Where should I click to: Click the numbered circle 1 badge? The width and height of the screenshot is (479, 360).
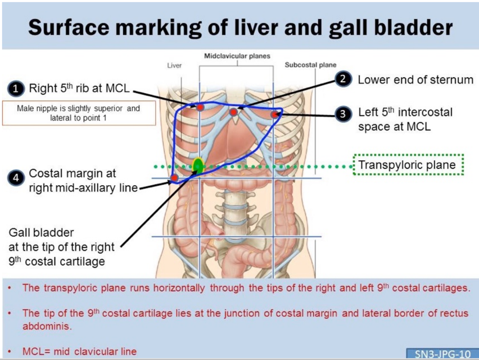[16, 89]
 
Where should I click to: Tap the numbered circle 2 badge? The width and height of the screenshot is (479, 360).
[343, 79]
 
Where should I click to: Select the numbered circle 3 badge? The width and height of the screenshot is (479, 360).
[343, 114]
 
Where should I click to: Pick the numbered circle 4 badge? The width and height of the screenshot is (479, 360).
[16, 177]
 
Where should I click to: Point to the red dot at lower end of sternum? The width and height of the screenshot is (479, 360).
[234, 112]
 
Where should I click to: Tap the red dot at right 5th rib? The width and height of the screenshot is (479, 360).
[200, 107]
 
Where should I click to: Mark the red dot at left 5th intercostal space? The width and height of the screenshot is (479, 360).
[275, 114]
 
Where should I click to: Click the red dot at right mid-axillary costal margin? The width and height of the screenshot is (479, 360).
[174, 178]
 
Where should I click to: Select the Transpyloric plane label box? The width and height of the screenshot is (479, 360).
[408, 165]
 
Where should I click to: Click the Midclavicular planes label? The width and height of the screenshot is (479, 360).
[237, 56]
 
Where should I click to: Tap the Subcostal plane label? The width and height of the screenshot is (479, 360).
[311, 65]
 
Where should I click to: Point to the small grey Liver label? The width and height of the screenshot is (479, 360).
[175, 65]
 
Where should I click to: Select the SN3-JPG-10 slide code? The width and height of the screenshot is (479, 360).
[442, 354]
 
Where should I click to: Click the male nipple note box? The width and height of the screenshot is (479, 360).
[79, 113]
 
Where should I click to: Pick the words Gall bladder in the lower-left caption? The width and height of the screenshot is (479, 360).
[41, 232]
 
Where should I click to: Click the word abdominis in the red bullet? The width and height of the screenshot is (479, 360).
[47, 326]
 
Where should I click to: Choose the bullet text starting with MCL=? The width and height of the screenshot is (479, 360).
[79, 351]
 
